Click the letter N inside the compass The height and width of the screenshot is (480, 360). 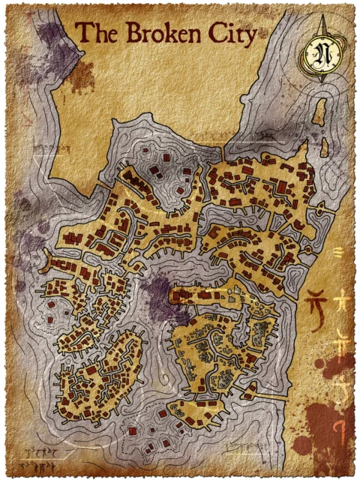point(324,55)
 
